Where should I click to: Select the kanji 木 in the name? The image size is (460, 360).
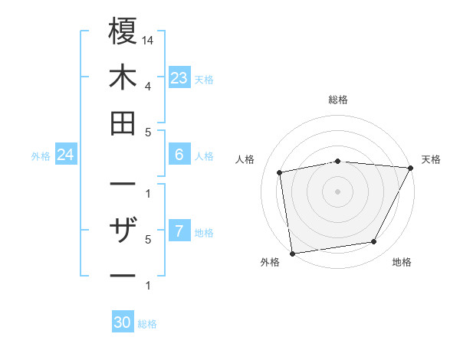pyautogui.click(x=123, y=77)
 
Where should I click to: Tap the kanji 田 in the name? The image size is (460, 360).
pyautogui.click(x=123, y=123)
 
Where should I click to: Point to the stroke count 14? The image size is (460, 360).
pyautogui.click(x=148, y=40)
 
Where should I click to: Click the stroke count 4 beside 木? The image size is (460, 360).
pyautogui.click(x=147, y=86)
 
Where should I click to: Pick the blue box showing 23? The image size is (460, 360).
pyautogui.click(x=179, y=78)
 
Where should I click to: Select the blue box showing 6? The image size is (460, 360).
pyautogui.click(x=179, y=155)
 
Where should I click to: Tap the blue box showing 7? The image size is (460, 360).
pyautogui.click(x=179, y=231)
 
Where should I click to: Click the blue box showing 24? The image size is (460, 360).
pyautogui.click(x=66, y=155)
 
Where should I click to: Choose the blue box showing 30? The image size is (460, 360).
pyautogui.click(x=123, y=322)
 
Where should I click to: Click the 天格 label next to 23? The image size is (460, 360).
pyautogui.click(x=204, y=80)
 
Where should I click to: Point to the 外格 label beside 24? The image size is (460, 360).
pyautogui.click(x=41, y=156)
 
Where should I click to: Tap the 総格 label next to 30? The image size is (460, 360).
pyautogui.click(x=147, y=324)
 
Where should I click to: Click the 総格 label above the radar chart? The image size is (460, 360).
pyautogui.click(x=337, y=100)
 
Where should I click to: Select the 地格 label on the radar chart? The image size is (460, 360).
pyautogui.click(x=402, y=263)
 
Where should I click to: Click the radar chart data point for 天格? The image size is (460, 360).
pyautogui.click(x=410, y=168)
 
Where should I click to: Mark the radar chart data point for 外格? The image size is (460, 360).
pyautogui.click(x=292, y=253)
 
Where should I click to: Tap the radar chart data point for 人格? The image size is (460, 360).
pyautogui.click(x=280, y=172)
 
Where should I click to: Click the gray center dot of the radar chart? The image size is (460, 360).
pyautogui.click(x=337, y=191)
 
